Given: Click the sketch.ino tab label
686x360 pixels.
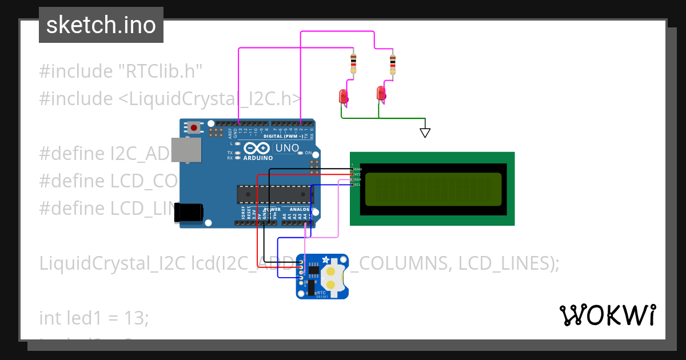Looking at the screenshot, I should [x=101, y=25].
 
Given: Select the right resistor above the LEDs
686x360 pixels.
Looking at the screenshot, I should [x=392, y=63].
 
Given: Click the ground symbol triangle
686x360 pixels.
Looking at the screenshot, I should [x=425, y=132].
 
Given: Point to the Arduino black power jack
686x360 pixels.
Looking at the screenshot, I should [x=189, y=212].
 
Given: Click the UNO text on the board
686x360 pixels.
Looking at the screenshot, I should [x=287, y=148].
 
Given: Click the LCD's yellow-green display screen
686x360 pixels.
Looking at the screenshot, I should [x=433, y=189].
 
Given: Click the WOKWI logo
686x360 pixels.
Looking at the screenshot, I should [x=607, y=315].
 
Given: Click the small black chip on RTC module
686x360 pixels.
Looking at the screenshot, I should [x=314, y=270].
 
